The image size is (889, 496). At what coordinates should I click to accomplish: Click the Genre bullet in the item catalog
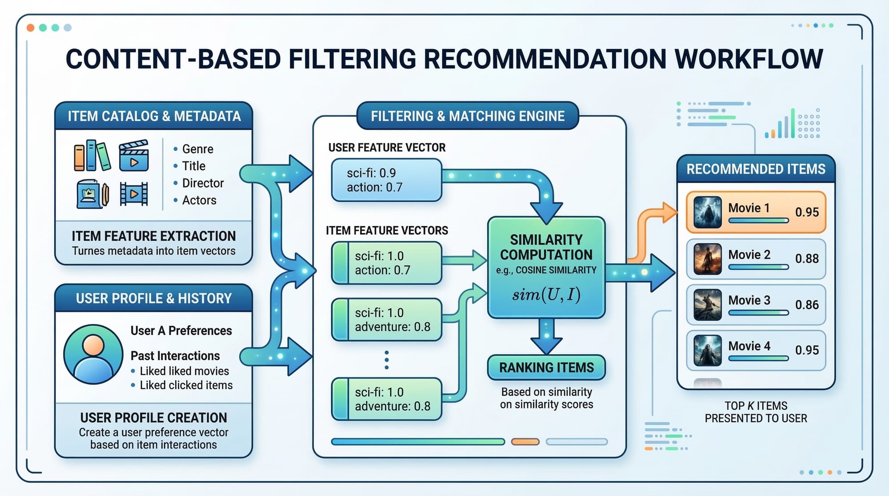[x=197, y=149]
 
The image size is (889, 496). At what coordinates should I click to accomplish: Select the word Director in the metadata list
[x=203, y=183]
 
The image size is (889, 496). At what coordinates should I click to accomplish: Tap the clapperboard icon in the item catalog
[x=134, y=156]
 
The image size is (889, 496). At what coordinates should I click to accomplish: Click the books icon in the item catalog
[x=92, y=156]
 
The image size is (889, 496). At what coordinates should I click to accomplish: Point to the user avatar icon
[x=93, y=354]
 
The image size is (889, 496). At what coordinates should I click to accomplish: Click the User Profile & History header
[x=154, y=298]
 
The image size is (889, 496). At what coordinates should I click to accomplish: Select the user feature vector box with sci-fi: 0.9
[x=386, y=180]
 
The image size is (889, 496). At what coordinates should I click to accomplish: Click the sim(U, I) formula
[x=546, y=295]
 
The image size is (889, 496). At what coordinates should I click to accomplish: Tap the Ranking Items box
[x=546, y=368]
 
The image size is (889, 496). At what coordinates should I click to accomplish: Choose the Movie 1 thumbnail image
[x=707, y=212]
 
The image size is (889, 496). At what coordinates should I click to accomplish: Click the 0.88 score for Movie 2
[x=807, y=259]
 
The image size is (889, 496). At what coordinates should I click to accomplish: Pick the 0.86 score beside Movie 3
[x=807, y=305]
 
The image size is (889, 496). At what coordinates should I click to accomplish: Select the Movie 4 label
[x=749, y=346]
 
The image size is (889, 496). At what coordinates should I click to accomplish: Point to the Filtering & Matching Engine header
[x=468, y=116]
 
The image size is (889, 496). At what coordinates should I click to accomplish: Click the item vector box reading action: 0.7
[x=386, y=263]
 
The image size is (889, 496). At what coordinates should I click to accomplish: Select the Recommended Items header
[x=756, y=169]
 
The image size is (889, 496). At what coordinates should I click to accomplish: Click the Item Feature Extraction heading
[x=154, y=236]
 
